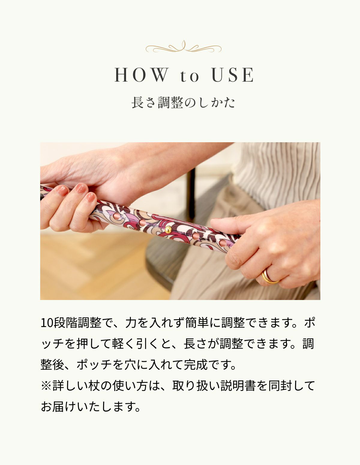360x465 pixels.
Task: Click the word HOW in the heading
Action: click(141, 75)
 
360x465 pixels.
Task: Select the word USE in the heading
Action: click(233, 75)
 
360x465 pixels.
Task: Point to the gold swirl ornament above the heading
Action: click(183, 47)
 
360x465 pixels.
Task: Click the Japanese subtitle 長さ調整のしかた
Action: click(183, 103)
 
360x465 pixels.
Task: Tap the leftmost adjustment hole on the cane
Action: click(116, 216)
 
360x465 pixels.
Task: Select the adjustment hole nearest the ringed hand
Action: click(222, 242)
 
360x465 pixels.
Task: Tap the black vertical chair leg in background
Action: click(190, 192)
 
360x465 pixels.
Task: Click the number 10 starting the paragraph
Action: click(47, 323)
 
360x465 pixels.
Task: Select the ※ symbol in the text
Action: click(46, 386)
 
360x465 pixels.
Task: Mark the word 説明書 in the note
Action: click(238, 386)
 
